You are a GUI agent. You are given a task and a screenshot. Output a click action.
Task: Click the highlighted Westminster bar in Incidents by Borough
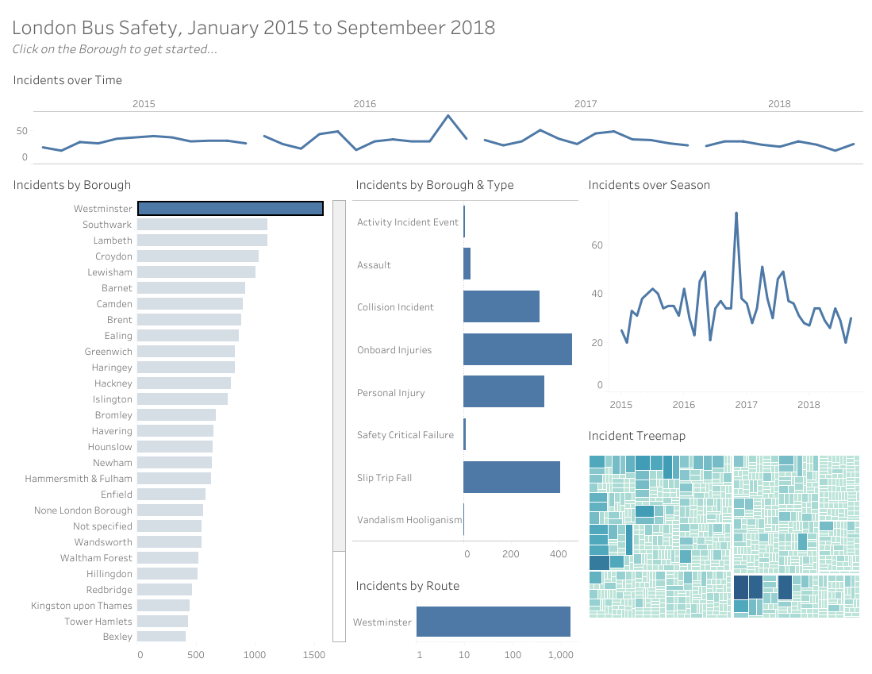(230, 209)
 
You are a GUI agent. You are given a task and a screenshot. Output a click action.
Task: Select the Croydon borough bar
(198, 256)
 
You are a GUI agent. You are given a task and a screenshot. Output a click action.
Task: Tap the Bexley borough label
(117, 637)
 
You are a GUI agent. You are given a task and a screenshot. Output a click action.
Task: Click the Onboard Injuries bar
(517, 349)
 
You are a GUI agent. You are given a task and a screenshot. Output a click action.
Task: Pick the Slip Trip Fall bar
(511, 478)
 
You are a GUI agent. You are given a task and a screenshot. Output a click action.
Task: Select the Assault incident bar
(467, 264)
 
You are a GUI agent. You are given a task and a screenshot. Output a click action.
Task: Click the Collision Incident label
(396, 307)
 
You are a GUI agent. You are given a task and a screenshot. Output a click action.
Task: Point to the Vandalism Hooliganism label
(409, 520)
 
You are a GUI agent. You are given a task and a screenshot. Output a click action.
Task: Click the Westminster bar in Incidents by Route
(493, 622)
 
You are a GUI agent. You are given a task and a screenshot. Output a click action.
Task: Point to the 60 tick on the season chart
(597, 245)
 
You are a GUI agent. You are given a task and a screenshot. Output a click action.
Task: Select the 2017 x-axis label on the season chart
(746, 405)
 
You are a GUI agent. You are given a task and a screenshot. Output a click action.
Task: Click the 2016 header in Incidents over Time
(364, 104)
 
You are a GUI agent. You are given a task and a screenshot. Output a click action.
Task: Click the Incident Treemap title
(636, 436)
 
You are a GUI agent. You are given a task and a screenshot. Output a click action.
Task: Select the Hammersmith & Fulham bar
(174, 479)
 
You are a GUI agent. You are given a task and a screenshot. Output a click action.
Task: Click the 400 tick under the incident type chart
(558, 554)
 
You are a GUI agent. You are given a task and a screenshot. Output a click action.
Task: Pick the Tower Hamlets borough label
(98, 621)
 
